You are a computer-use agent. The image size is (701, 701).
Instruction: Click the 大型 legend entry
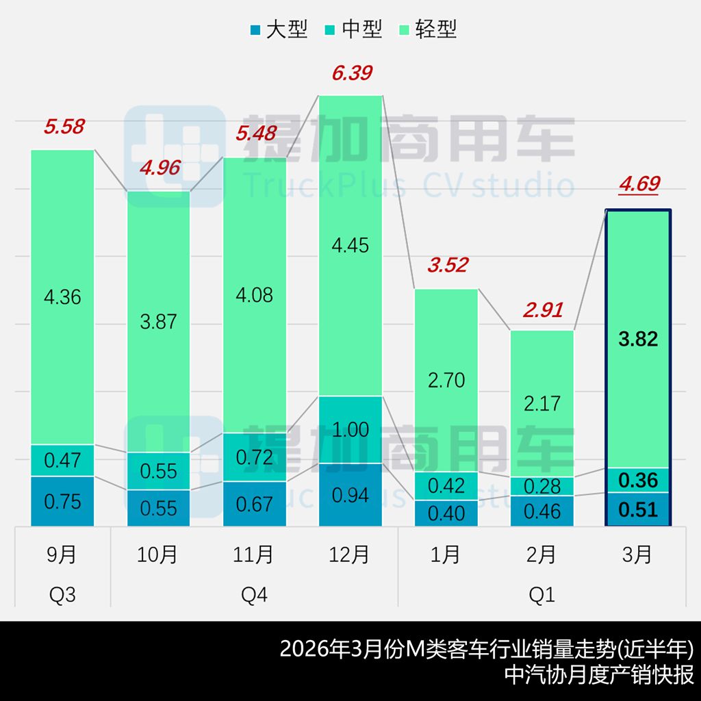tap(279, 29)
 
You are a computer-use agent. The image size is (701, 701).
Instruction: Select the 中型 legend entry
tap(354, 29)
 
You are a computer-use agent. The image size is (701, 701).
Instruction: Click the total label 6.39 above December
tap(351, 73)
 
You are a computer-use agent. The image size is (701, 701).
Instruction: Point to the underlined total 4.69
tap(638, 184)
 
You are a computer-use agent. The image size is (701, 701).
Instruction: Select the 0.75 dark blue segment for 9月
tap(62, 501)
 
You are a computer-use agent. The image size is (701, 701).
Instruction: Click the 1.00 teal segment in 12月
tap(351, 430)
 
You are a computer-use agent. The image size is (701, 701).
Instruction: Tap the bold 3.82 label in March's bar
tap(638, 339)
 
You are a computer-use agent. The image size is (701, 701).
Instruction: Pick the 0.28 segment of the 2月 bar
tap(541, 486)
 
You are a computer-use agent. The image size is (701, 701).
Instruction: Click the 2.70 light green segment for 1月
tap(446, 380)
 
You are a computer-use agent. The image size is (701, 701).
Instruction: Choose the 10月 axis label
tap(158, 555)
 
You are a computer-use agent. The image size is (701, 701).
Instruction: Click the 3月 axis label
tap(638, 555)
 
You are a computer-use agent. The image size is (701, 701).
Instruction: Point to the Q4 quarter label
tap(254, 595)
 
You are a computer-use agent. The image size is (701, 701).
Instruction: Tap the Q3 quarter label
tap(62, 595)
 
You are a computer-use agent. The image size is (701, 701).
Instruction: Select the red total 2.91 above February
tap(541, 309)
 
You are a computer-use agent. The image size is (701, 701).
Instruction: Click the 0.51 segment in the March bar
tap(638, 509)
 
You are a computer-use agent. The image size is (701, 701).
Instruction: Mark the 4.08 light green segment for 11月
tap(254, 295)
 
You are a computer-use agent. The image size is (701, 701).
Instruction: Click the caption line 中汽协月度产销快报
tap(598, 674)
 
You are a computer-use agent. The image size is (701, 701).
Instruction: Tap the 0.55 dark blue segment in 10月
tap(158, 508)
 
